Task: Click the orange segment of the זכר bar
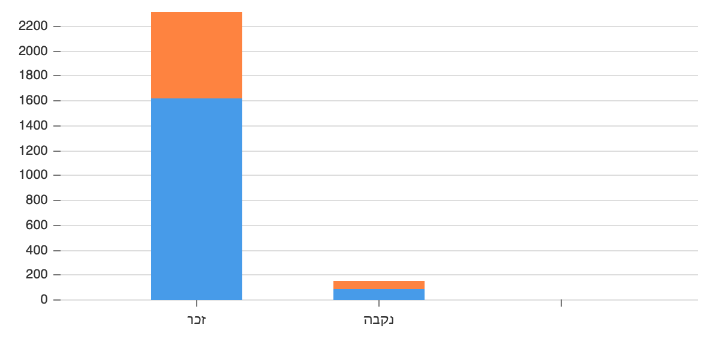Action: coord(197,55)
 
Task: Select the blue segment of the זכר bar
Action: coord(197,199)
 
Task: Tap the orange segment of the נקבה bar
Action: coord(379,285)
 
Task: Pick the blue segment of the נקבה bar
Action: coord(379,295)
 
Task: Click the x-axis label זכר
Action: coord(197,319)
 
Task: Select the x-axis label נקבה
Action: coord(379,319)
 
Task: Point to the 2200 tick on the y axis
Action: coord(33,26)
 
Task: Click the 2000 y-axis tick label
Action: coord(33,52)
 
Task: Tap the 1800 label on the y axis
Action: coord(33,76)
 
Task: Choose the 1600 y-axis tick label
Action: coord(33,101)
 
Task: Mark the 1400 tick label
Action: coord(33,126)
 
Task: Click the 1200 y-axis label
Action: coord(33,151)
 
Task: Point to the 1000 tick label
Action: coord(33,176)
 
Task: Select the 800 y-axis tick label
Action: coord(37,200)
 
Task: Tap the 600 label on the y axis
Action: coord(37,226)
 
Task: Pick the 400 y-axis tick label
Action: coord(37,250)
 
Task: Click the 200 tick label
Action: coord(37,275)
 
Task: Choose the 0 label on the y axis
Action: coord(43,300)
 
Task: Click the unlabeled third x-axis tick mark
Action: coord(561,303)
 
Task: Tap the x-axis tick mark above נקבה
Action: coord(379,303)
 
